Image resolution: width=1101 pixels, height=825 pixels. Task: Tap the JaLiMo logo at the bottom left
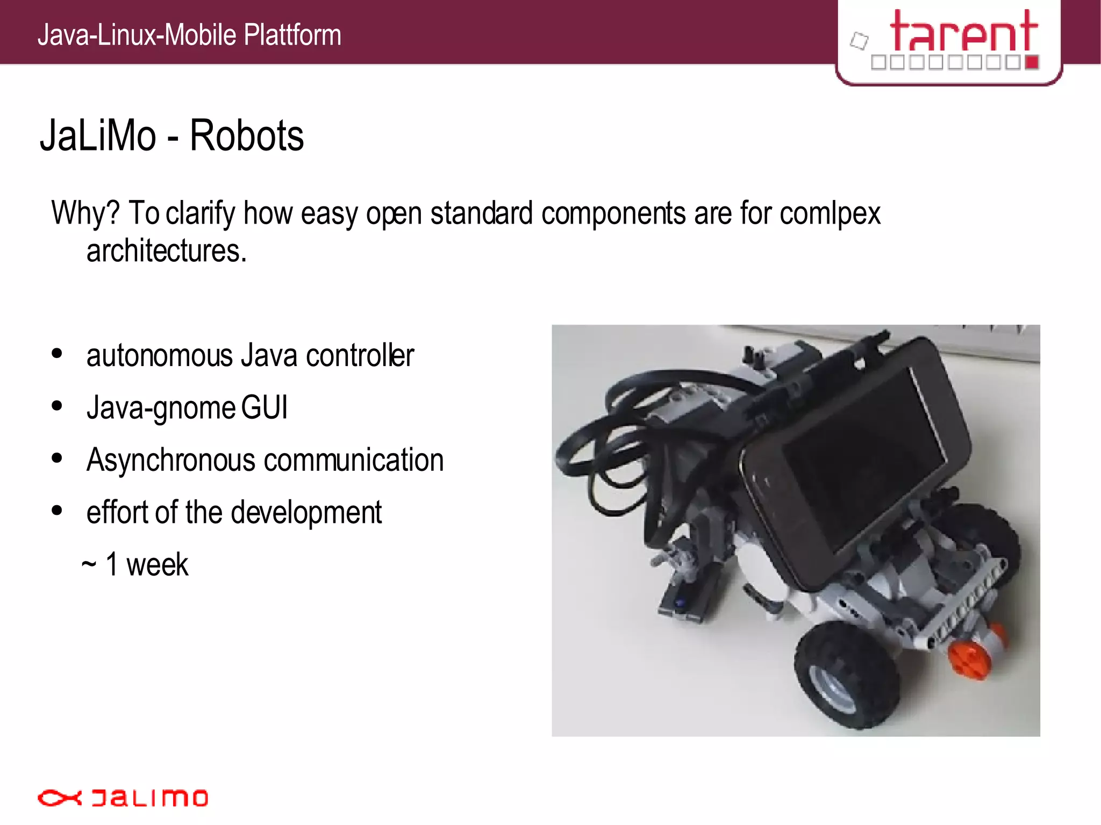[x=123, y=798]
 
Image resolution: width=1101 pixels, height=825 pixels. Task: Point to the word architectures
[x=166, y=251]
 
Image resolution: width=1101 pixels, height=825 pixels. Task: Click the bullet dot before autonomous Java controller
[x=57, y=354]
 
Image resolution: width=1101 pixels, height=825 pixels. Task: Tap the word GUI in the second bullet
[x=264, y=407]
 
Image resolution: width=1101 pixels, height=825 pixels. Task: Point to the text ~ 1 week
[x=135, y=565]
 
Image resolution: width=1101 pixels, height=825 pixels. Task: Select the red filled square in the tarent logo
[x=1031, y=62]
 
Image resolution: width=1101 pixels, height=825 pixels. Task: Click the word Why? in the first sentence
[x=85, y=213]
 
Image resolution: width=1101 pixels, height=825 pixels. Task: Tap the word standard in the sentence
[x=481, y=213]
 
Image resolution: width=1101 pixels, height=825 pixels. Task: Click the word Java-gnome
[x=161, y=407]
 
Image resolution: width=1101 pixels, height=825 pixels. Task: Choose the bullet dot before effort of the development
[x=57, y=511]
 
